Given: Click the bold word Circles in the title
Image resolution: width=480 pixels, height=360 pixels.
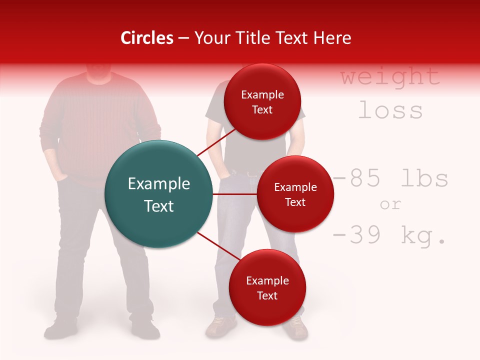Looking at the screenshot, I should point(146,38).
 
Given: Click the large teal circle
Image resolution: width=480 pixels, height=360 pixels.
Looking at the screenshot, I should point(159,194).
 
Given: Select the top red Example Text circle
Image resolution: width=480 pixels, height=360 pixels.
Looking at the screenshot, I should point(262,101).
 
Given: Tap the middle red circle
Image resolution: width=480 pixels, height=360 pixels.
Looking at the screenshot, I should point(295,194).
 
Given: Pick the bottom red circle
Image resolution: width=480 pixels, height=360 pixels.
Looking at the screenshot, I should point(267,287).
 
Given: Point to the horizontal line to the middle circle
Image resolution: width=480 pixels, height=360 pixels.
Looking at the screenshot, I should point(234,194).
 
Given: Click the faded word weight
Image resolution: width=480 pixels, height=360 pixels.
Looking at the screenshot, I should point(390,76).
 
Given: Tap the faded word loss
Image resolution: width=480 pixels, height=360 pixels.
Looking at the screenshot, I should point(390,110).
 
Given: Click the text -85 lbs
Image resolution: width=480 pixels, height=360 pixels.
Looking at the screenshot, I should point(390,178).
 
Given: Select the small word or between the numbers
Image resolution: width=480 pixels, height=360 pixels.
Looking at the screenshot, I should point(390,204).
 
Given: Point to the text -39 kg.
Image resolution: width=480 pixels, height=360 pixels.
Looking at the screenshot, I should point(389,235).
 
